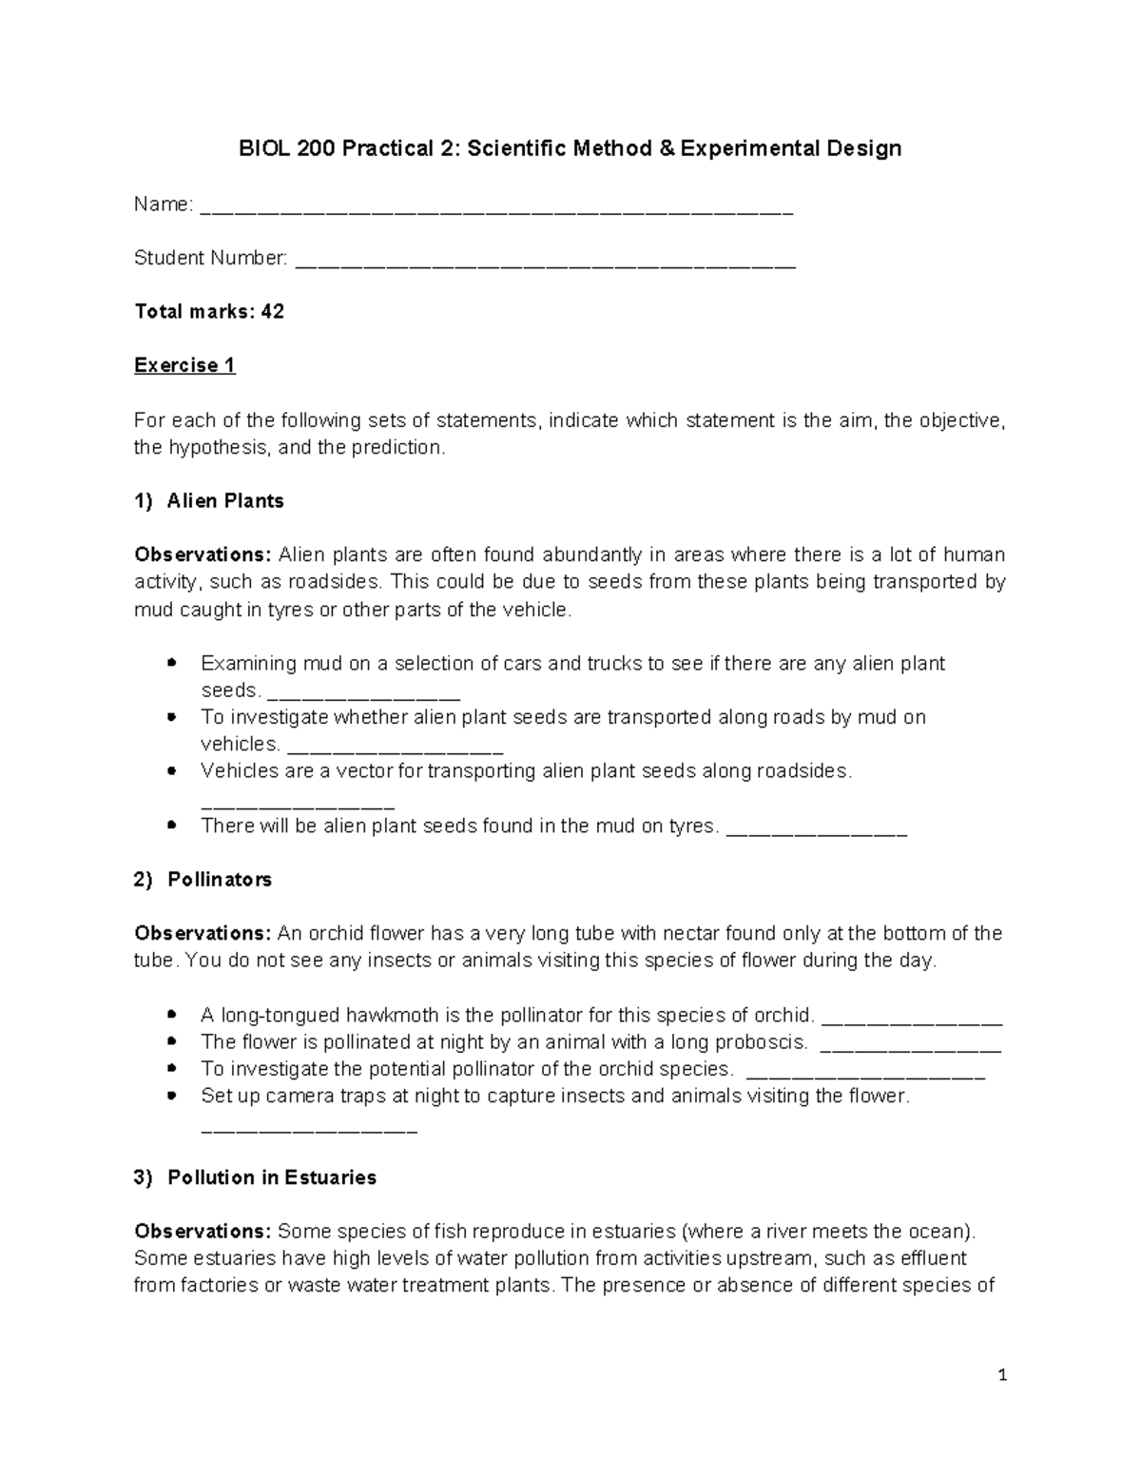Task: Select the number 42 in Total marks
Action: (x=273, y=312)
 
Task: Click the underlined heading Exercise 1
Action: (x=184, y=366)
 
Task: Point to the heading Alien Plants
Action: (x=225, y=501)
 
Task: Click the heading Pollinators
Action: (x=220, y=880)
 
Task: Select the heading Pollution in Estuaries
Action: (x=272, y=1177)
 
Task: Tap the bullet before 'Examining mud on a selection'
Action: (x=171, y=662)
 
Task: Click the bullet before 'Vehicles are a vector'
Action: (x=171, y=771)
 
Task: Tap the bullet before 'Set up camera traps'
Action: (x=171, y=1096)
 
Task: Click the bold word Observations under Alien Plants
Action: (x=203, y=554)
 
